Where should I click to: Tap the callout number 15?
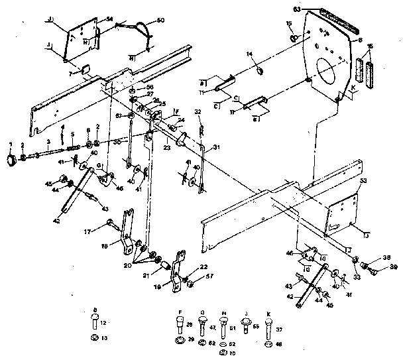[x=290, y=24]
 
